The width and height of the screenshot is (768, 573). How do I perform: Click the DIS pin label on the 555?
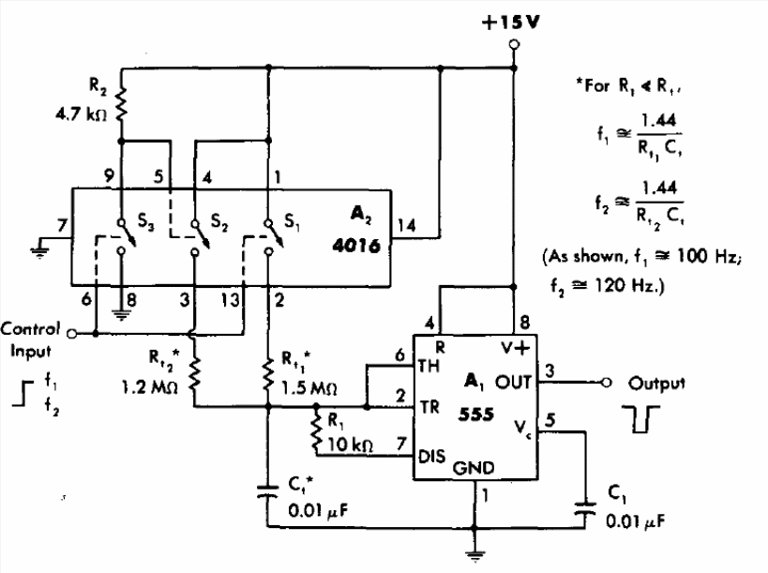pyautogui.click(x=432, y=456)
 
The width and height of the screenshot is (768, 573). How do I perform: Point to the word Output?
pyautogui.click(x=656, y=384)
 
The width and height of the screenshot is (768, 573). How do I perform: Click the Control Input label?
pyautogui.click(x=31, y=339)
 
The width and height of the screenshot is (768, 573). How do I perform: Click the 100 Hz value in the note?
pyautogui.click(x=710, y=257)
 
